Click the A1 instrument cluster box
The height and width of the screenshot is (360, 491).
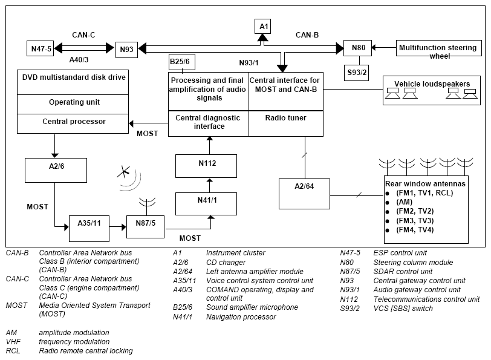(x=262, y=26)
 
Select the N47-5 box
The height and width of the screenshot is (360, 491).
(x=40, y=48)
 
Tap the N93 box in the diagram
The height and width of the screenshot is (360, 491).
(x=126, y=50)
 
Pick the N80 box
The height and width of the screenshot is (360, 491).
(x=357, y=48)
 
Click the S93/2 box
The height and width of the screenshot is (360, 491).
(x=356, y=73)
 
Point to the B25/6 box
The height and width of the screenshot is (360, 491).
(x=182, y=62)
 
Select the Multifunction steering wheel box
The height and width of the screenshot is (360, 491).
(x=439, y=48)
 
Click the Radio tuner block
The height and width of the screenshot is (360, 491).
(x=286, y=123)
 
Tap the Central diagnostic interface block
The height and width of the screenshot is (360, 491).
(x=209, y=123)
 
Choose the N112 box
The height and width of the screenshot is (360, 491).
(x=206, y=166)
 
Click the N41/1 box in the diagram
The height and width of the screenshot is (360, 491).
(x=206, y=204)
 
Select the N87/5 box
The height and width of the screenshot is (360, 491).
(x=145, y=226)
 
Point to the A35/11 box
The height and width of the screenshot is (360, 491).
(x=89, y=229)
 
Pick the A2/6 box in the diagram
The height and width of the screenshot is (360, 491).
(x=56, y=170)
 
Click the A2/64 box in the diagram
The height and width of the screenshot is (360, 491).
(x=304, y=194)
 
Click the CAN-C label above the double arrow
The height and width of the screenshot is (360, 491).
(x=83, y=34)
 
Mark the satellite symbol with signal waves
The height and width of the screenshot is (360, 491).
(x=129, y=178)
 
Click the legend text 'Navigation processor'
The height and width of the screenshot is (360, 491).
(x=241, y=317)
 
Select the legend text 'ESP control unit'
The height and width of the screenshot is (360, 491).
(x=400, y=253)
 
